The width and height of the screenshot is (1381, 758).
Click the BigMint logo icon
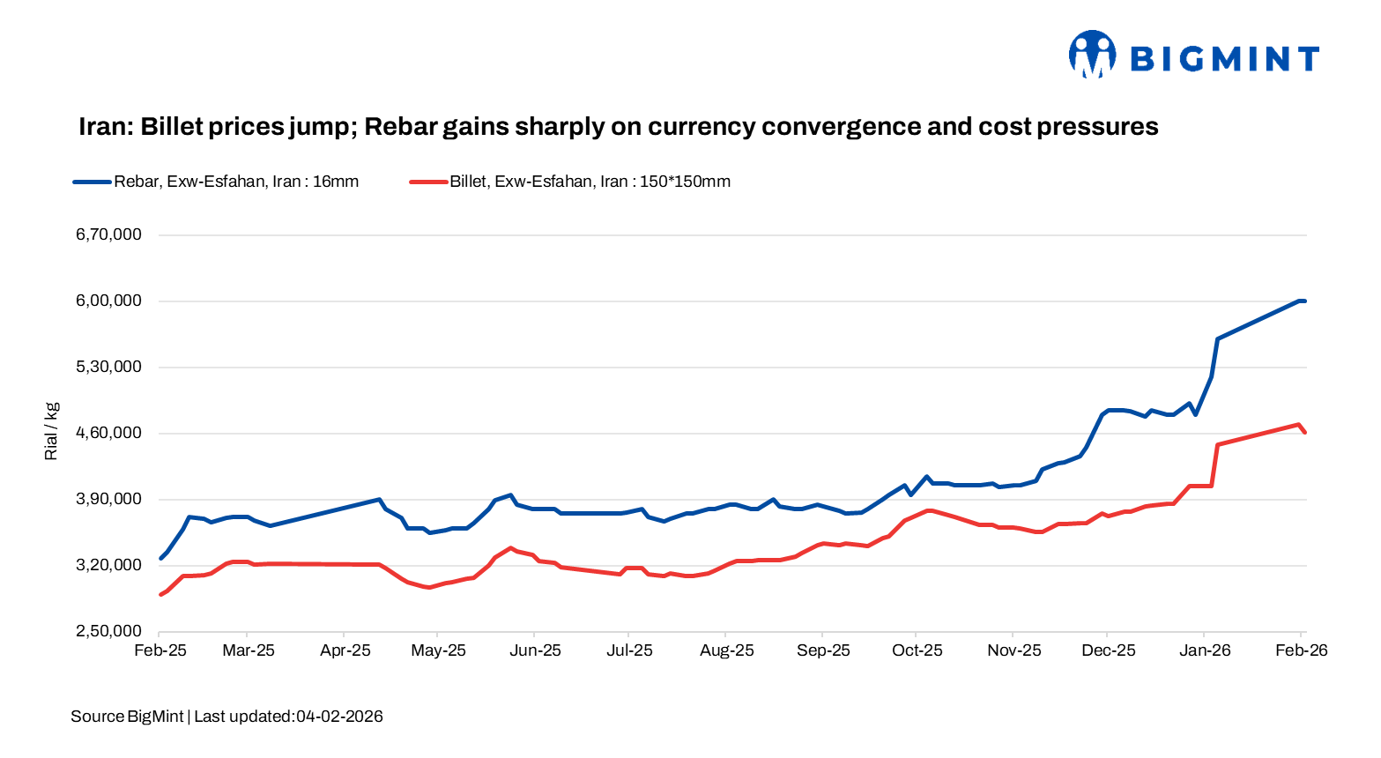1092,55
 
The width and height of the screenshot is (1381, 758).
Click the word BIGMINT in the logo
1224,59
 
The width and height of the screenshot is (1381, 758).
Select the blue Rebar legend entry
216,182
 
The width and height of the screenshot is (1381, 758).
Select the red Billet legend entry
570,182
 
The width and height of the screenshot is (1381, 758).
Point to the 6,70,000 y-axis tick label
108,234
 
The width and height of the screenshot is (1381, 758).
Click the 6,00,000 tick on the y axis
108,301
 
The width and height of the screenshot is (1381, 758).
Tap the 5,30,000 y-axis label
108,367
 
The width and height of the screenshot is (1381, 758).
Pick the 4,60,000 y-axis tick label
108,433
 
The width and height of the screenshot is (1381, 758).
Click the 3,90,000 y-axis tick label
108,499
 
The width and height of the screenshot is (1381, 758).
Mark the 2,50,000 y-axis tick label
108,631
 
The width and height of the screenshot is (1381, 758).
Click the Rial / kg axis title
51,431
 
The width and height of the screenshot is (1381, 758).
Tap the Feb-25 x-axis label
160,650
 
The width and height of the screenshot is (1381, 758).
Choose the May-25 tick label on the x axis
439,650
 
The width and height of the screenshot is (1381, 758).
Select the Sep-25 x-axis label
823,650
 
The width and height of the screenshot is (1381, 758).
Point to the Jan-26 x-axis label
1205,650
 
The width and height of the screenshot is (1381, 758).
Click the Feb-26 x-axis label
1301,650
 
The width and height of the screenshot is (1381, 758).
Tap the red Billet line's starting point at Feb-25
160,595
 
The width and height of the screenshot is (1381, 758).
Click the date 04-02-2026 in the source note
339,717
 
